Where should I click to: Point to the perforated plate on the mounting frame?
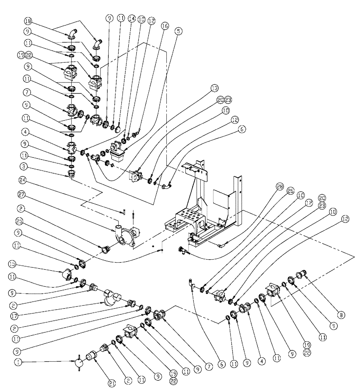(189, 219)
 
